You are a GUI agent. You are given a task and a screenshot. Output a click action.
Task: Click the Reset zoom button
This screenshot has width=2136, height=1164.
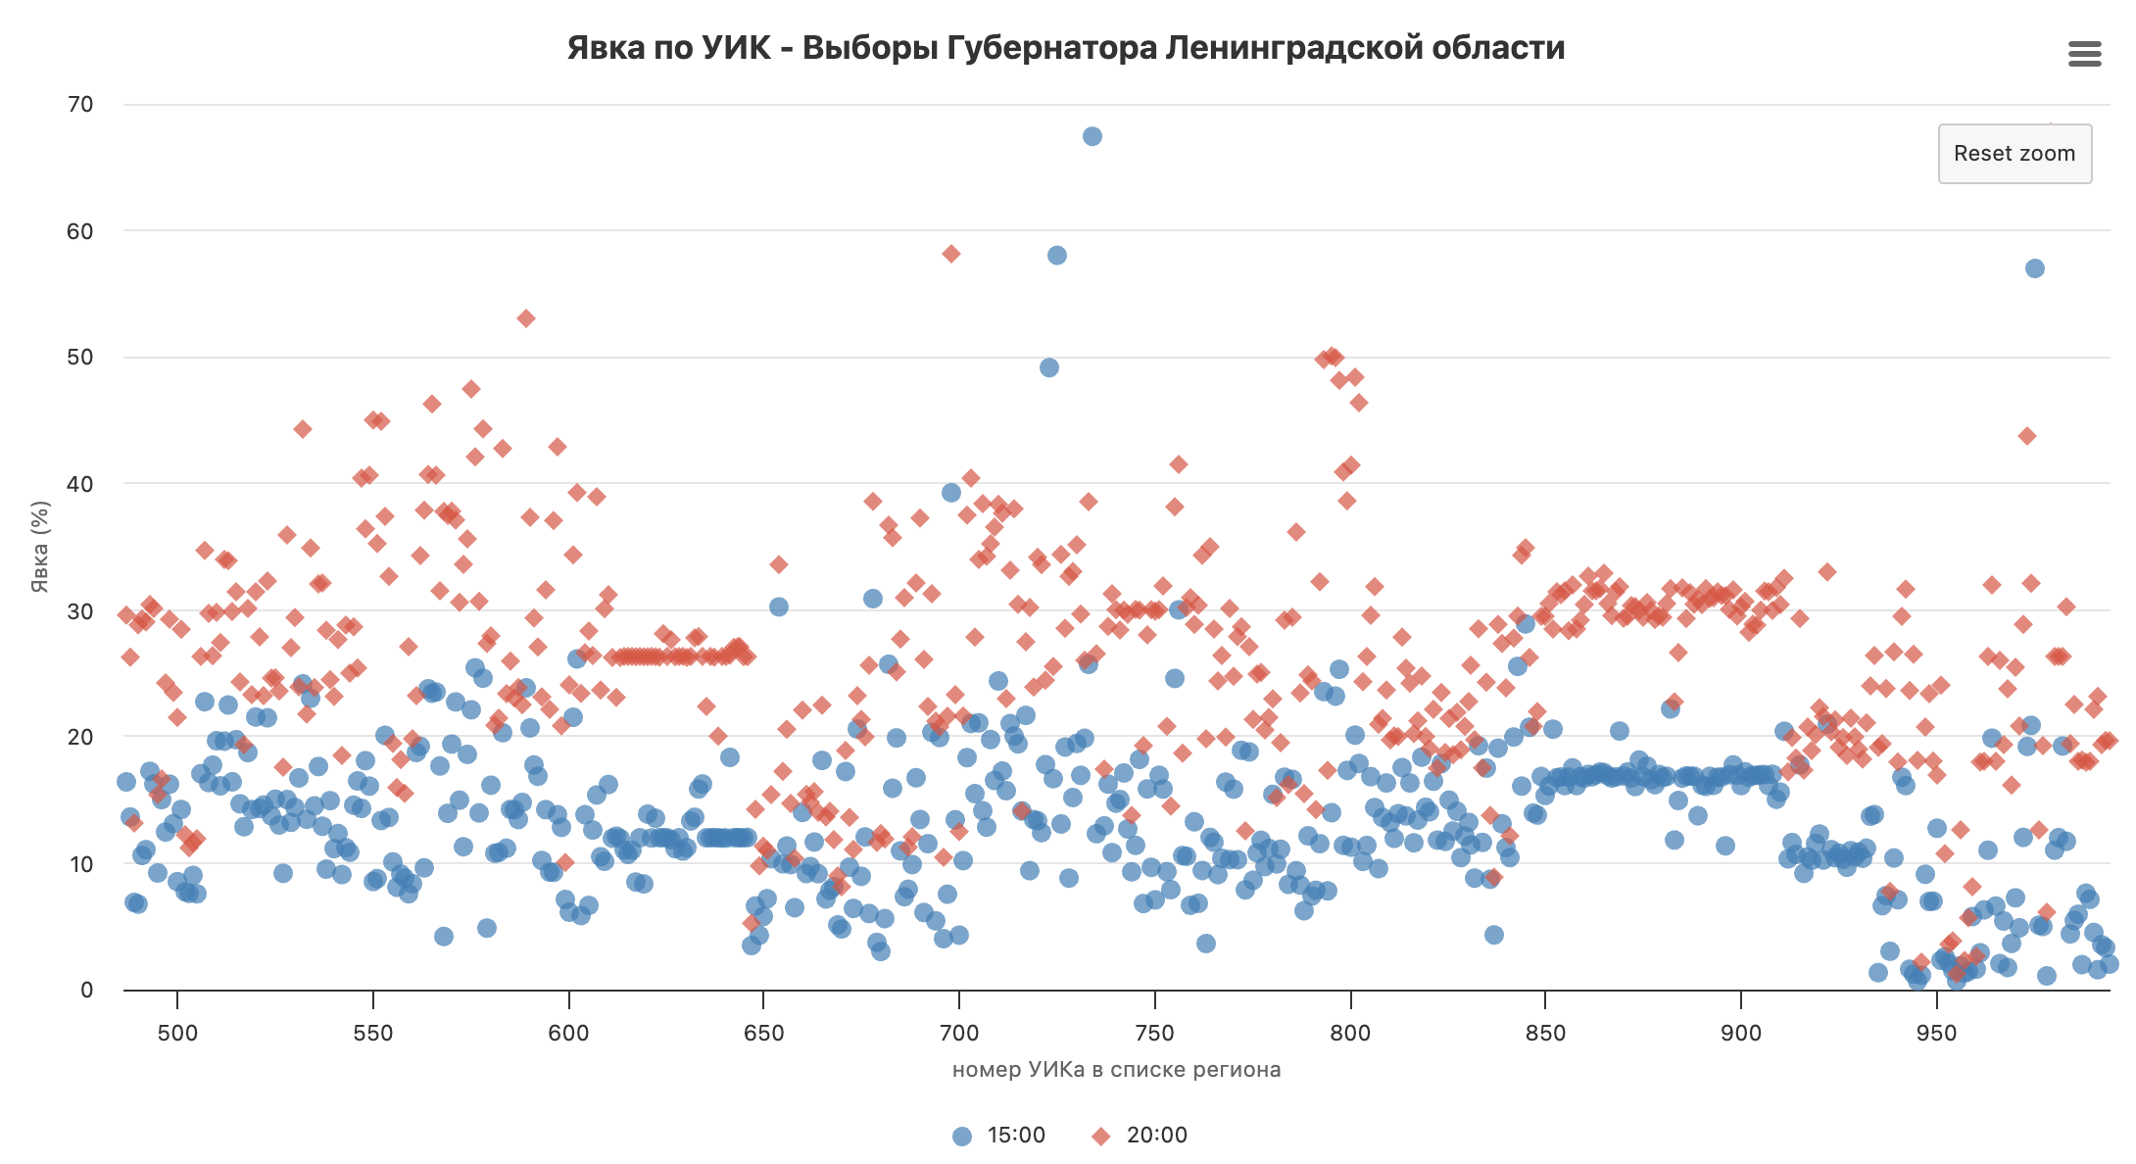coord(2014,154)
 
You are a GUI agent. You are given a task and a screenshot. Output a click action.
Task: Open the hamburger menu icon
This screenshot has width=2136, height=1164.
coord(2085,54)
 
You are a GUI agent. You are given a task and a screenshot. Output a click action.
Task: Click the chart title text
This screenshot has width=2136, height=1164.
coord(1066,48)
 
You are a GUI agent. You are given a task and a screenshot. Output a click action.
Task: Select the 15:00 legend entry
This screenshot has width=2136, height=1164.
coord(999,1136)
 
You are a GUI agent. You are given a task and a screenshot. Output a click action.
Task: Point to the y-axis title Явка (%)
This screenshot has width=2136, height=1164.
coord(40,547)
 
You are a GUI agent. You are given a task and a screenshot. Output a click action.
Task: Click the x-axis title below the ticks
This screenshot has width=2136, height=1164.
coord(1116,1070)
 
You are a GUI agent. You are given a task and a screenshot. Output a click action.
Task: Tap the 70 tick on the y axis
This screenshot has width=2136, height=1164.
coord(81,105)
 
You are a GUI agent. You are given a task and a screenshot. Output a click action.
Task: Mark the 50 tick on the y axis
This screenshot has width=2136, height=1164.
coord(81,358)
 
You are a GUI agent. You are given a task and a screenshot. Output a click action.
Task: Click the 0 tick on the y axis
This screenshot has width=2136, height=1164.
coord(87,990)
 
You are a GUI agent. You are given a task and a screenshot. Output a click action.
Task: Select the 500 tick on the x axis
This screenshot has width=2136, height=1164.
coord(177,1033)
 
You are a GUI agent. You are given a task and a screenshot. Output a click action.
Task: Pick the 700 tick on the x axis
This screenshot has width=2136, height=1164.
coord(959,1033)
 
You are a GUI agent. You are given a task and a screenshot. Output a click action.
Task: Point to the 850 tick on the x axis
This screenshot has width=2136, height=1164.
coord(1545,1033)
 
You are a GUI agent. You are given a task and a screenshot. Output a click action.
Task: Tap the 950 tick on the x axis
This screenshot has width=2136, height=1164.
coord(1936,1033)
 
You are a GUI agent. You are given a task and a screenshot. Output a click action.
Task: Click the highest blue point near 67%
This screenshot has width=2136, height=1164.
coord(1092,136)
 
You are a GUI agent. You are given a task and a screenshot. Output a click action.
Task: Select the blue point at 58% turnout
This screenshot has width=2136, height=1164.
coord(1057,256)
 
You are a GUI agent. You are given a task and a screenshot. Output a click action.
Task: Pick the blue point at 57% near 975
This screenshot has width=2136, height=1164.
coord(2035,268)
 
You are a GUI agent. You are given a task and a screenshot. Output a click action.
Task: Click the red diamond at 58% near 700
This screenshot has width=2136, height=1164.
coord(951,254)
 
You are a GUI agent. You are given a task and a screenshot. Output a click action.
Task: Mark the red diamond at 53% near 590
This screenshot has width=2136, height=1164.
coord(526,318)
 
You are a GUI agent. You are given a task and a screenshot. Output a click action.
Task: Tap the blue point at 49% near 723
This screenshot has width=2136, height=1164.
coord(1049,368)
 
